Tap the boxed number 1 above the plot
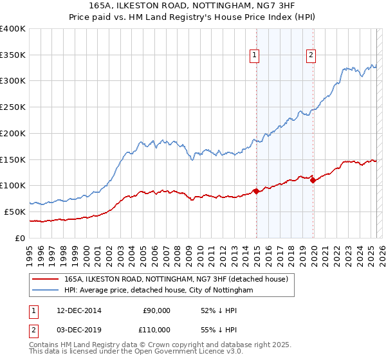tap(255, 56)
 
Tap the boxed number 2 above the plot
tap(311, 56)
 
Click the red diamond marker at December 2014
tap(256, 190)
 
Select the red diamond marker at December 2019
tap(313, 180)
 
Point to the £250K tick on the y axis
tap(13, 107)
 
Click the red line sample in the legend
tap(46, 280)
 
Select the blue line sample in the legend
tap(46, 291)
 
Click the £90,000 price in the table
tap(157, 310)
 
